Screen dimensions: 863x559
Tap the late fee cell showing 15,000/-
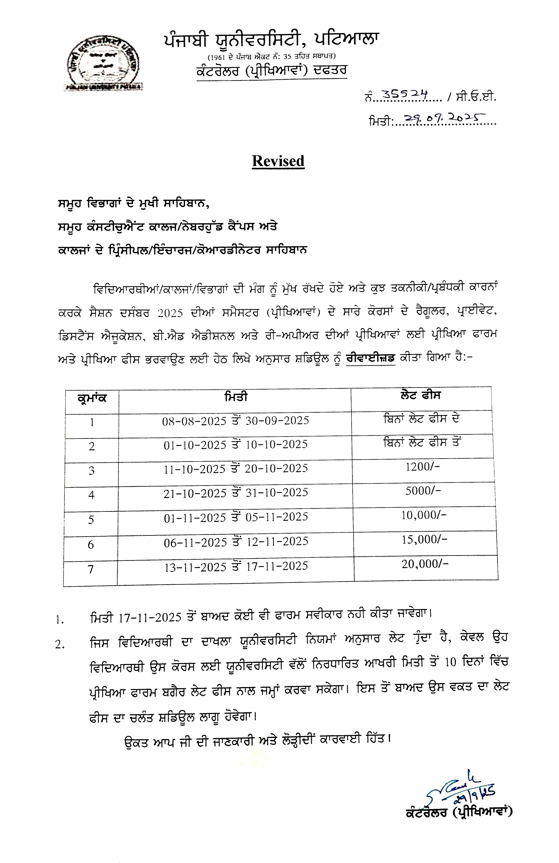(x=424, y=540)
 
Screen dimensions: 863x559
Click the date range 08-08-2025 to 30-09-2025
(x=236, y=421)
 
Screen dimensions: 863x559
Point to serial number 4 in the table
(x=91, y=495)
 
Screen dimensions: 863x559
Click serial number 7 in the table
(x=91, y=569)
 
